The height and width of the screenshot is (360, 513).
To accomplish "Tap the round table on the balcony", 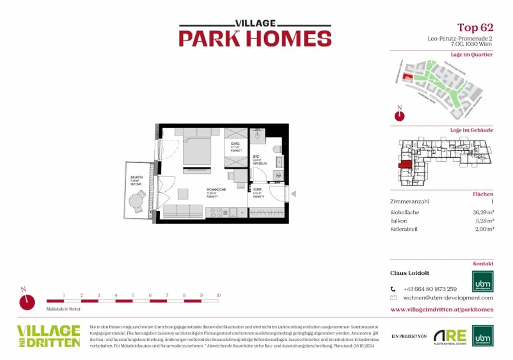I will coord(136,201).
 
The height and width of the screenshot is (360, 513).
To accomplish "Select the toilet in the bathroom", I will coord(278,149).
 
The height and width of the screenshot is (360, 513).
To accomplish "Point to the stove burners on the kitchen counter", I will coord(216,212).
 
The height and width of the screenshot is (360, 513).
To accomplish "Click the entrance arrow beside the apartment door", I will coord(294,194).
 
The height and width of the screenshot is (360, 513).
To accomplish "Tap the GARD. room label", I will coord(236,144).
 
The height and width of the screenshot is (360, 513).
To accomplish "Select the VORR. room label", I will coord(258,190).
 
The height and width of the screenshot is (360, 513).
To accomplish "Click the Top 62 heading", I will coord(475,28).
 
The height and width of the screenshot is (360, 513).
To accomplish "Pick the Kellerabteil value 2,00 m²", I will coord(483,229).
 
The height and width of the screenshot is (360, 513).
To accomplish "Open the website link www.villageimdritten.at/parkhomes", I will coord(441,309).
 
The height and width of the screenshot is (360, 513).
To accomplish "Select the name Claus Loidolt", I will coord(410,273).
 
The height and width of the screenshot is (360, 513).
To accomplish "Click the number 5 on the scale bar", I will coord(133,295).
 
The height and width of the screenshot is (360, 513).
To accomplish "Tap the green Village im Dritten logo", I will coord(49,336).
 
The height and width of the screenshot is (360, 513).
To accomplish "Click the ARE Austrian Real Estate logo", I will coord(450,336).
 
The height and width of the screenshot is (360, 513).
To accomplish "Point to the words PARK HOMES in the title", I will coord(255,39).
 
